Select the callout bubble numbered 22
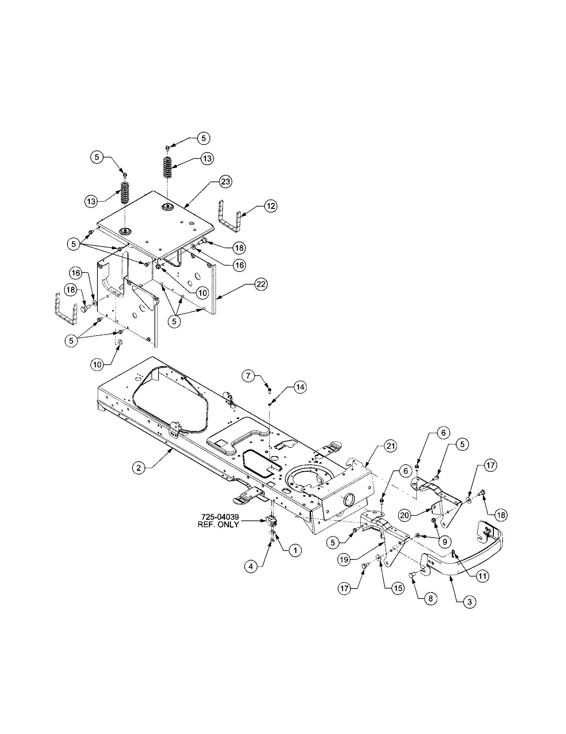pos(261,284)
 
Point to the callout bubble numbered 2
pos(139,468)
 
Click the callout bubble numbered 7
pos(249,375)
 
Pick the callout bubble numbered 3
pos(469,602)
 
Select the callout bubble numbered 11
pos(482,576)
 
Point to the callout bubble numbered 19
pos(344,560)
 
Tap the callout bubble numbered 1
pos(295,550)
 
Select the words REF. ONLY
pos(218,524)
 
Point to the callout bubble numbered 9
pos(445,541)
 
